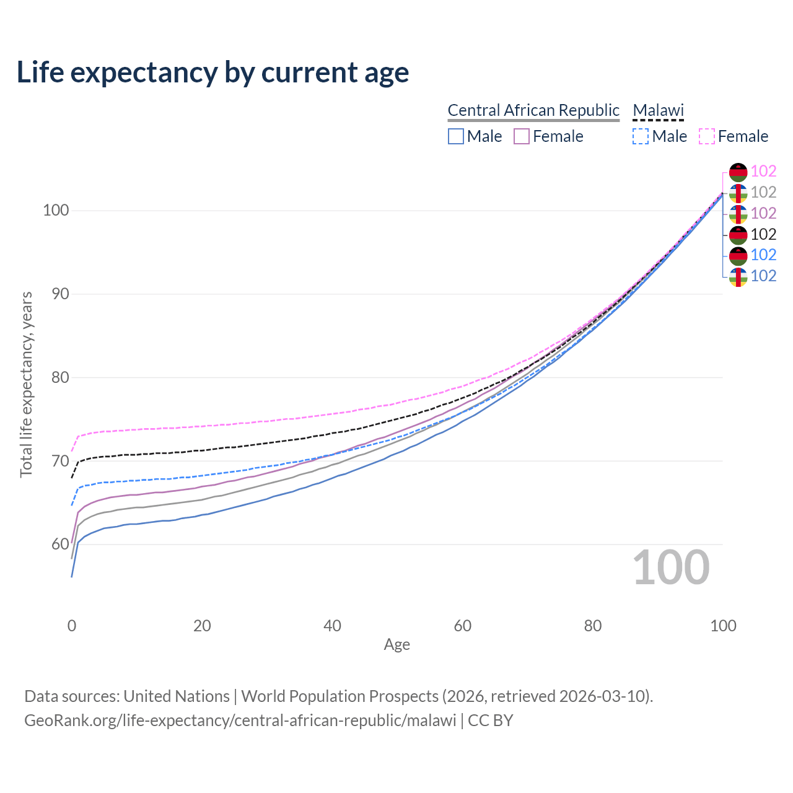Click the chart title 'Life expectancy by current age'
coord(212,72)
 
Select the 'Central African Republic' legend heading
coord(533,110)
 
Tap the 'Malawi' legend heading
coord(658,110)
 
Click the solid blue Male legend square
coord(455,136)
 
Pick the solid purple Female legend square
coord(522,136)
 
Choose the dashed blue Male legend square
coord(641,136)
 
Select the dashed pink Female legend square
coord(707,136)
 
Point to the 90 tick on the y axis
coord(60,294)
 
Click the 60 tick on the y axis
coord(60,544)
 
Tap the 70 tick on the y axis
coord(60,461)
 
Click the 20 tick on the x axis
coord(202,626)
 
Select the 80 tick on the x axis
coord(593,626)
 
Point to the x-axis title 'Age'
coord(396,645)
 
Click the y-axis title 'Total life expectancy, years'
coord(26,385)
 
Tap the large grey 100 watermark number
coord(671,567)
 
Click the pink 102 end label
coord(763,171)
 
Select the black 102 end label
coord(763,234)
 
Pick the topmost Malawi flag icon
coord(738,172)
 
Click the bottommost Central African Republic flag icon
coord(738,277)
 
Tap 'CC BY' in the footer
coord(491,721)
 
